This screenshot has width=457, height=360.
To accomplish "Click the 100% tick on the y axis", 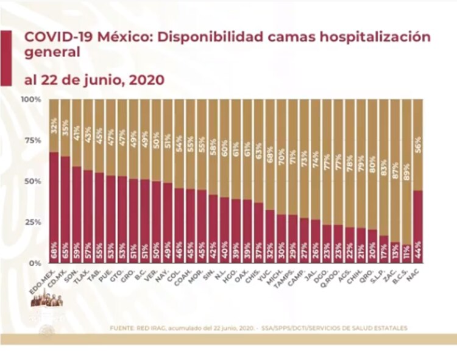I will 32,99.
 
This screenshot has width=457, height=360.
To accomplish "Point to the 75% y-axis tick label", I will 33,140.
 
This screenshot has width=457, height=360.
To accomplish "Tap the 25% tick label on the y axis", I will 33,222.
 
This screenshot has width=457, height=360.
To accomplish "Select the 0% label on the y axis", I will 35,263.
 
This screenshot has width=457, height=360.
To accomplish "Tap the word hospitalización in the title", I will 377,37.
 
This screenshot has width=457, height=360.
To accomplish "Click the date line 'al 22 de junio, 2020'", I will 94,80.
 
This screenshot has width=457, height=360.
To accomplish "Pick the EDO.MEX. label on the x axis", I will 44,277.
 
